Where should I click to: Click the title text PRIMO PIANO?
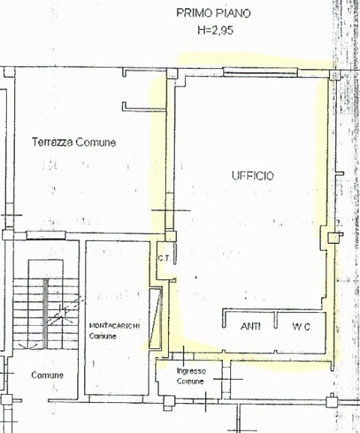pos(213,13)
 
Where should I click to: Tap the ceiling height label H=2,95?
pos(213,31)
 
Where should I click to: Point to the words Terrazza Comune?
pos(73,143)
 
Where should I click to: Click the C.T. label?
pos(164,260)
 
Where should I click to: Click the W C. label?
pos(301,326)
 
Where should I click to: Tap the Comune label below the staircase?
pos(47,375)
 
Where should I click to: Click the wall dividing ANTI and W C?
pos(274,321)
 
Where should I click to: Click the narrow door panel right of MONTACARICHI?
pos(155,319)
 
